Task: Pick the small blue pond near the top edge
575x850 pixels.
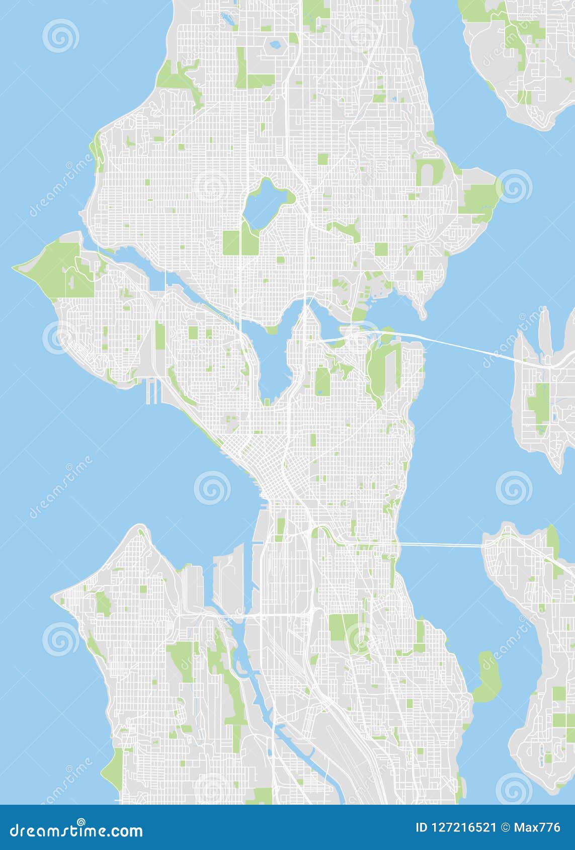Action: click(275, 45)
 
